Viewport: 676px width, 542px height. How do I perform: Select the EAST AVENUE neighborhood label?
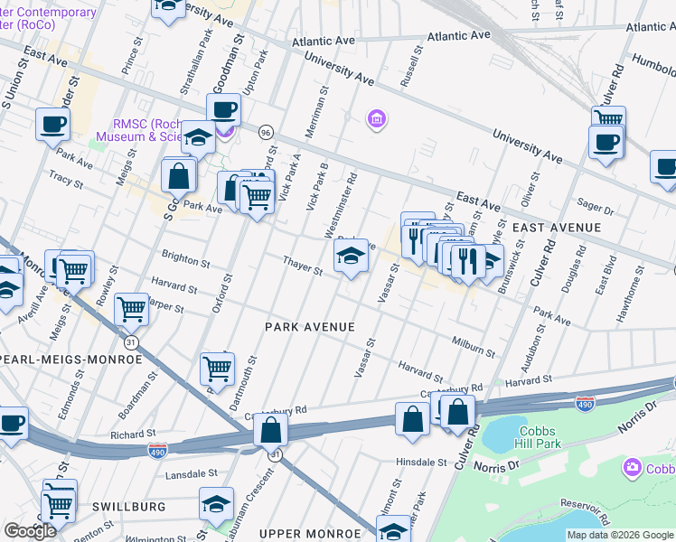(x=556, y=227)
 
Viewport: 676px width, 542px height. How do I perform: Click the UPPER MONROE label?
(x=304, y=534)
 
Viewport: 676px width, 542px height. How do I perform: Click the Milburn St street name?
(x=473, y=347)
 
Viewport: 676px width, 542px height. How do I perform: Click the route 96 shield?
(x=266, y=132)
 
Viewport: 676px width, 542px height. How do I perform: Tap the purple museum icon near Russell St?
(x=376, y=119)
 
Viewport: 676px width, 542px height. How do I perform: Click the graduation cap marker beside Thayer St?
(x=351, y=256)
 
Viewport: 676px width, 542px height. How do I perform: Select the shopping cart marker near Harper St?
(x=132, y=309)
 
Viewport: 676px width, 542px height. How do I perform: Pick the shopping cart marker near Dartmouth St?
(x=217, y=368)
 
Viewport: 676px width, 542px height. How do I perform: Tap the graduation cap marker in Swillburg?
(x=217, y=504)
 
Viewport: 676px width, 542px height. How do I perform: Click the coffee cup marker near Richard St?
(x=12, y=422)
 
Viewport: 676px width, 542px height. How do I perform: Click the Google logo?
(x=30, y=531)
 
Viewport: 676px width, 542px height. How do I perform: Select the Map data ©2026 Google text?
(x=619, y=535)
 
